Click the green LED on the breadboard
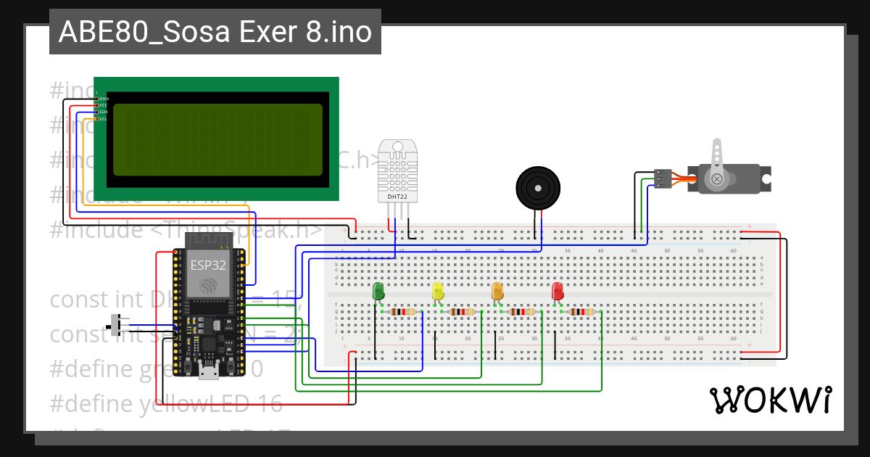[x=378, y=292]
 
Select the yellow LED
[x=438, y=292]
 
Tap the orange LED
[x=497, y=292]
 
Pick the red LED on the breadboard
[x=558, y=292]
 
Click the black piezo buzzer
[x=538, y=187]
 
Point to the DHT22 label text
[x=397, y=196]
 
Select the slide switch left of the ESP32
[x=115, y=324]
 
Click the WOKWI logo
[x=770, y=400]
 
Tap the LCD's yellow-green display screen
[x=217, y=139]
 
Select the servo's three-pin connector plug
[x=663, y=178]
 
